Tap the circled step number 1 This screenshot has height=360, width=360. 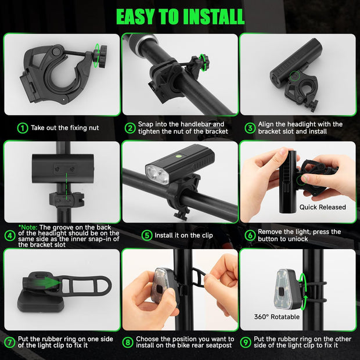23,128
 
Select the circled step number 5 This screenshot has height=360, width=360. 147,235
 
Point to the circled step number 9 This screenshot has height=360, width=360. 246,343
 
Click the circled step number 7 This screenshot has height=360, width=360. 10,343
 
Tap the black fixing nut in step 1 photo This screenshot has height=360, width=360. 100,56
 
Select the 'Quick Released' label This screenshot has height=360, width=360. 323,207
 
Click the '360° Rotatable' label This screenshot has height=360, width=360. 277,317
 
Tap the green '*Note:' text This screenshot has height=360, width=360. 28,228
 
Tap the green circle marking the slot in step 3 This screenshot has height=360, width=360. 295,75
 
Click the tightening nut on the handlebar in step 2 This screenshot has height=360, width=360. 201,63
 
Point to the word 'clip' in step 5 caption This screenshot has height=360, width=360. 207,235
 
